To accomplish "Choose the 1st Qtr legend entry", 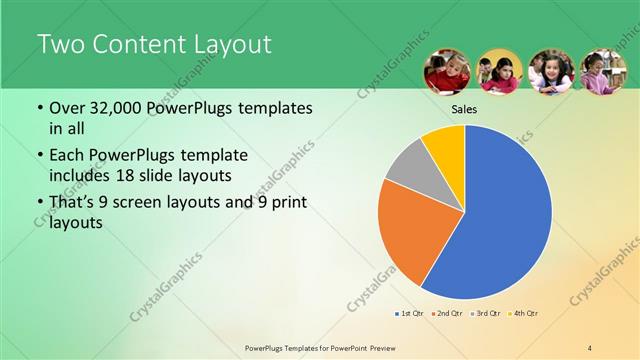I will pyautogui.click(x=409, y=314).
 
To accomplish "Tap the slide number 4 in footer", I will pyautogui.click(x=590, y=347).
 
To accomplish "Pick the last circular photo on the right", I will pyautogui.click(x=603, y=72).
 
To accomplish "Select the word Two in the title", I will pyautogui.click(x=61, y=45).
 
